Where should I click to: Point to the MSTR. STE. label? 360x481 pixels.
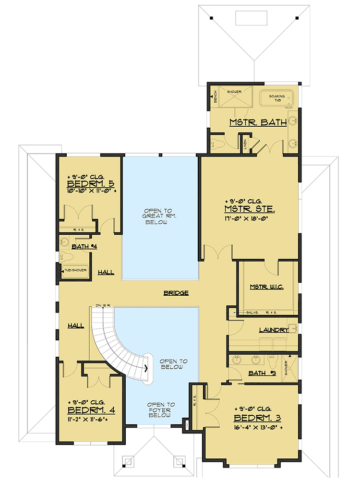tap(249, 209)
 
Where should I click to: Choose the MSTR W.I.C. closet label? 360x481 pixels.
tap(267, 287)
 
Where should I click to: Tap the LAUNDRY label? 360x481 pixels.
tap(273, 330)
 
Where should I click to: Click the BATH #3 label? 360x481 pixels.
tap(261, 373)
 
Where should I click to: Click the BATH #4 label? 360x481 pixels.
tap(84, 247)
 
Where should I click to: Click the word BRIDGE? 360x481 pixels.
tap(175, 292)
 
